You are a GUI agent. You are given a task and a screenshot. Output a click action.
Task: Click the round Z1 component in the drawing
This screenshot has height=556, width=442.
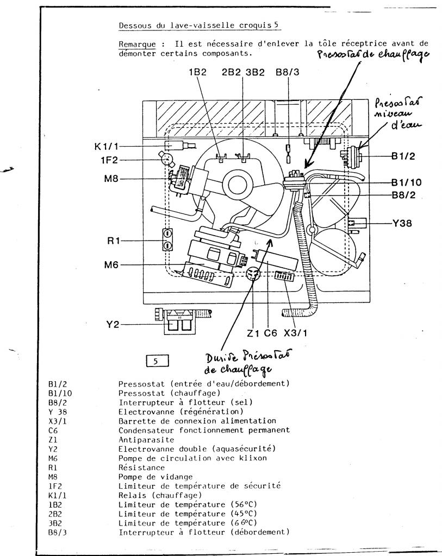[x=252, y=275]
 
